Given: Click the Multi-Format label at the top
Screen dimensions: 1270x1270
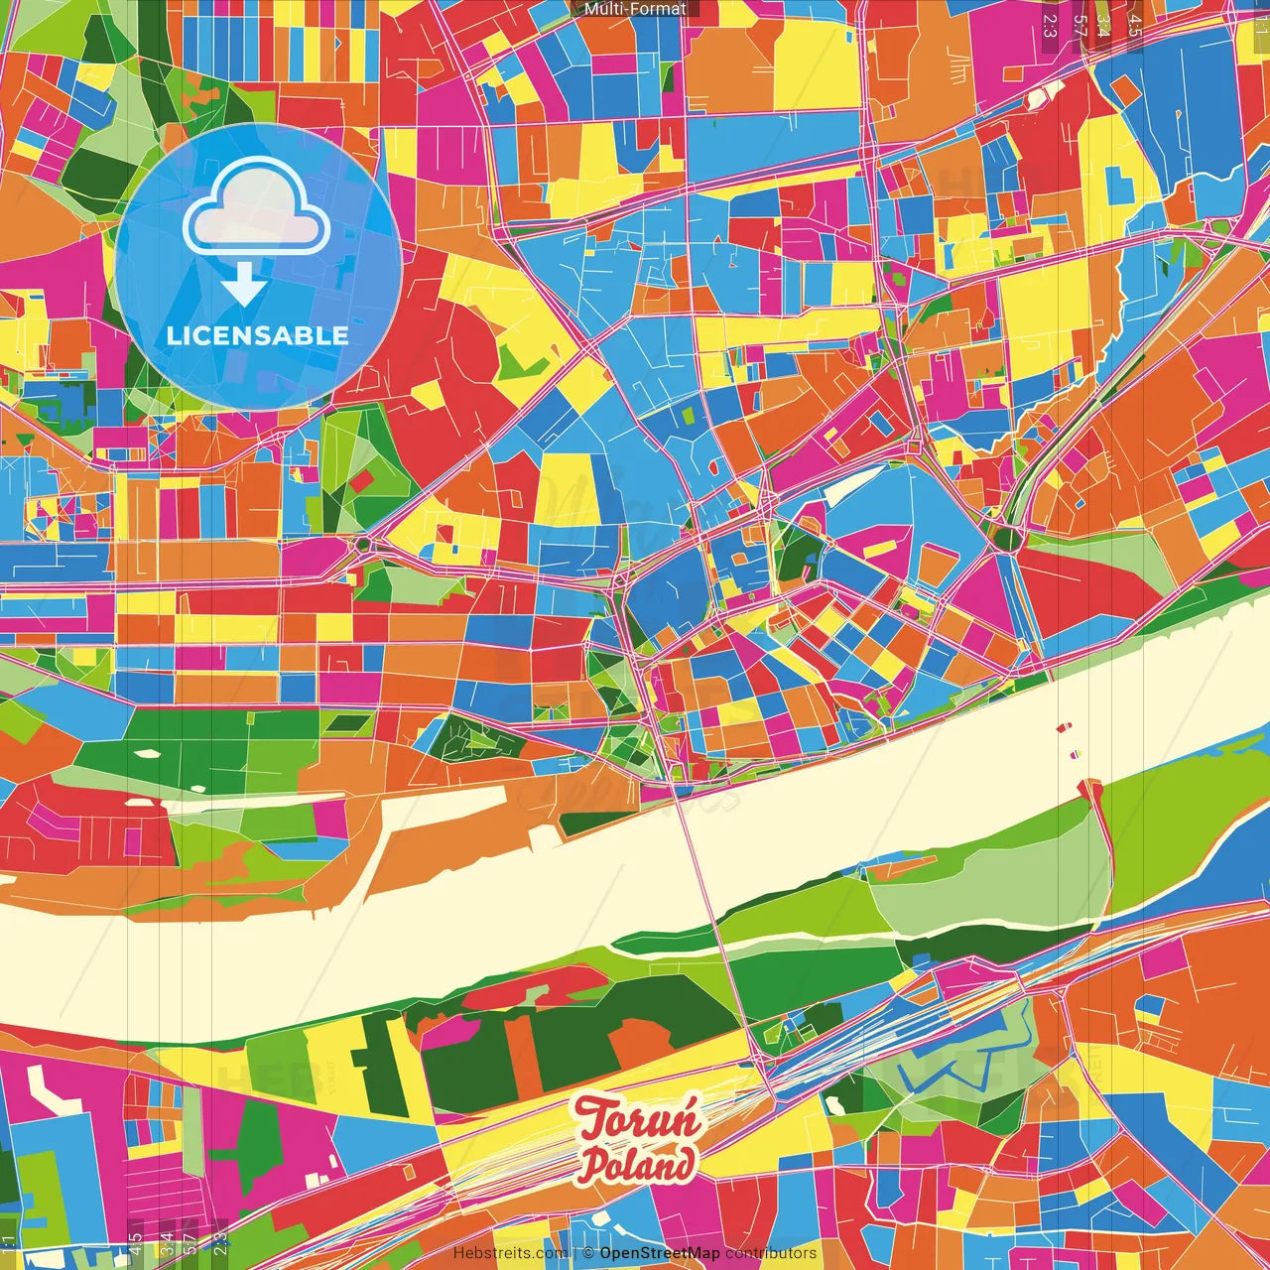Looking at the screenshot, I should [x=635, y=9].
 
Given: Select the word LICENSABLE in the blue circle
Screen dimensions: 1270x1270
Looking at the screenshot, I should [x=258, y=335].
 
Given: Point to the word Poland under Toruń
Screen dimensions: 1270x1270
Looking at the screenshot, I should [x=638, y=1164].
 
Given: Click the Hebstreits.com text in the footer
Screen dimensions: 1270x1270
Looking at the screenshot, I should [x=510, y=1253].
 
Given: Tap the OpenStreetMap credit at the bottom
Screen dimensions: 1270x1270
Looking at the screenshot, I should [x=659, y=1253].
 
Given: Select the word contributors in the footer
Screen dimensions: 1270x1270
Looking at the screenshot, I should [x=771, y=1253].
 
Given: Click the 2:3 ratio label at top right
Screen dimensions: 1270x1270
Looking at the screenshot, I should [x=1050, y=25].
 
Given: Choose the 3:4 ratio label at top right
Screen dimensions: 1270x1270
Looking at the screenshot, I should [x=1103, y=25].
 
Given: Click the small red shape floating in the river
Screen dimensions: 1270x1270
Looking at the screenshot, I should [x=1064, y=728].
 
